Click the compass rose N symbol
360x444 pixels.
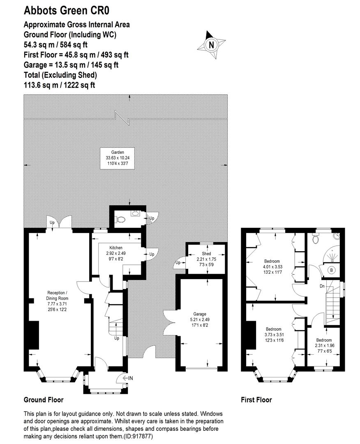pyautogui.click(x=211, y=45)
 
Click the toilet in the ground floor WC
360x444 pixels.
pyautogui.click(x=120, y=220)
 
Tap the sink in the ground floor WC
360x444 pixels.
pyautogui.click(x=135, y=213)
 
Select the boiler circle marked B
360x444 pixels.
pyautogui.click(x=331, y=270)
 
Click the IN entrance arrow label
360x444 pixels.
pyautogui.click(x=128, y=378)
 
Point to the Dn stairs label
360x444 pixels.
pyautogui.click(x=322, y=286)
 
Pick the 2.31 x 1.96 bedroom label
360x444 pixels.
pyautogui.click(x=324, y=345)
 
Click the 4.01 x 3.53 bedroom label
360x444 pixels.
pyautogui.click(x=272, y=267)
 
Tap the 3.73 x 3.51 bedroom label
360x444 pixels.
pyautogui.click(x=274, y=335)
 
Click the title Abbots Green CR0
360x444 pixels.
pyautogui.click(x=67, y=10)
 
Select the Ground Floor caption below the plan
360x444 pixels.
pyautogui.click(x=44, y=400)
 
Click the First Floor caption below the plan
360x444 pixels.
pyautogui.click(x=256, y=400)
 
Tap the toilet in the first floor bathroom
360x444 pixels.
pyautogui.click(x=316, y=239)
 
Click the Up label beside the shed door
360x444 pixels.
pyautogui.click(x=178, y=263)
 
